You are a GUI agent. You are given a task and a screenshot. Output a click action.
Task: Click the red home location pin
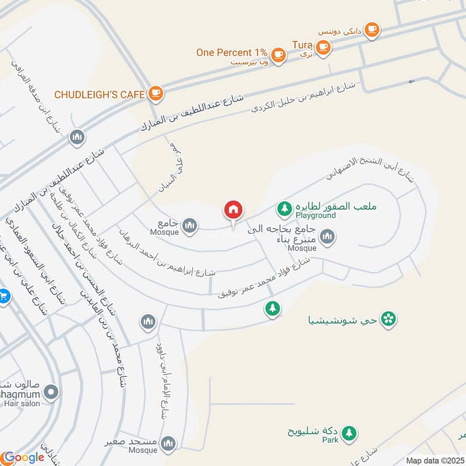click(233, 210)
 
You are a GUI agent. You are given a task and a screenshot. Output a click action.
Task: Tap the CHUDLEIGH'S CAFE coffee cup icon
click(155, 93)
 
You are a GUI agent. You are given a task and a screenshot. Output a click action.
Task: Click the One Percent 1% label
click(231, 52)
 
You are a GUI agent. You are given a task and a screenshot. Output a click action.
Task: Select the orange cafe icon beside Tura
click(324, 47)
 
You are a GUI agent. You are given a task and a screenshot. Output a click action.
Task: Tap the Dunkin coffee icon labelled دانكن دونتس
click(371, 29)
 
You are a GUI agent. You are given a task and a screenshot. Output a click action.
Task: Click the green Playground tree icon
click(284, 207)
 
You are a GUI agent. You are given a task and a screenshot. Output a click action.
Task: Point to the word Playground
click(316, 216)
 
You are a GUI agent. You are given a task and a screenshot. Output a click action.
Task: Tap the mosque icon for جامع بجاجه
click(327, 237)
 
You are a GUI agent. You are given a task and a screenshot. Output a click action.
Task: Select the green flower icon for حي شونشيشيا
click(388, 318)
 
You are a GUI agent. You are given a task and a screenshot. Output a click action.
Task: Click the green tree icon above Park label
click(349, 432)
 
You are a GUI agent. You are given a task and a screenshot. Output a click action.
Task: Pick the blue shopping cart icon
click(3, 296)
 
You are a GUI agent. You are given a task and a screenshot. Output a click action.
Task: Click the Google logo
click(23, 457)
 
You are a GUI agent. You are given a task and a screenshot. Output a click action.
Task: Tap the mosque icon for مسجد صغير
click(168, 444)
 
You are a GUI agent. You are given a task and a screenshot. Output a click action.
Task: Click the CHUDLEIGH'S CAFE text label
click(99, 94)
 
